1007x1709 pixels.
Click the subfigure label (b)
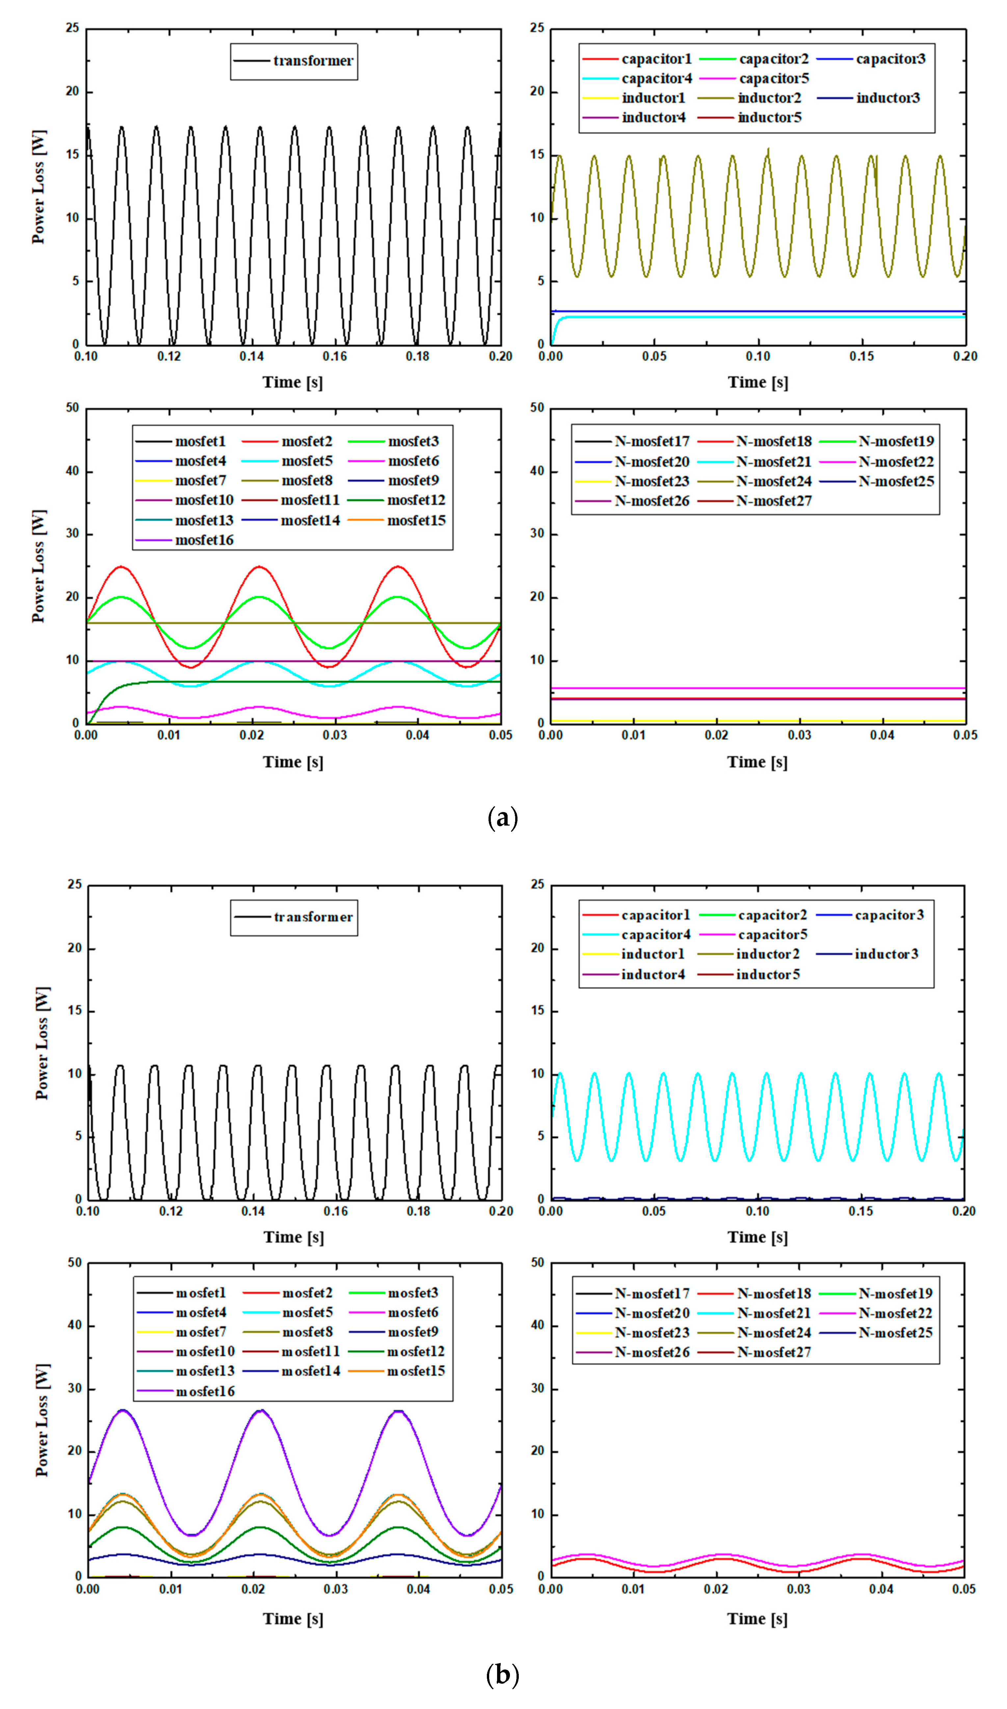503,1675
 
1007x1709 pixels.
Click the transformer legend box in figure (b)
294,918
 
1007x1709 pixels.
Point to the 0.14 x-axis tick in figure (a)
252,356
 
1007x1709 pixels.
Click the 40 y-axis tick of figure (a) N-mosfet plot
538,471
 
